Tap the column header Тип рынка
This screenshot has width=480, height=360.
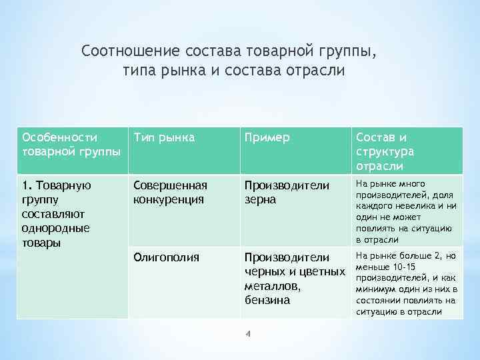pyautogui.click(x=164, y=137)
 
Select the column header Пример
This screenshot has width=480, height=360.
pyautogui.click(x=267, y=137)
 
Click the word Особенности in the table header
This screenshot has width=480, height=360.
pyautogui.click(x=59, y=137)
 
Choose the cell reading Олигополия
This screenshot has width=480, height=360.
pyautogui.click(x=166, y=257)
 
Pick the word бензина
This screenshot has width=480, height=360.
pyautogui.click(x=267, y=300)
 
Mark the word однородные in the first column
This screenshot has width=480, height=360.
pyautogui.click(x=55, y=228)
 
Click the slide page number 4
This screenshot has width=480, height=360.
pyautogui.click(x=247, y=334)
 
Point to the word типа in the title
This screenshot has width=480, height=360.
pyautogui.click(x=139, y=71)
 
